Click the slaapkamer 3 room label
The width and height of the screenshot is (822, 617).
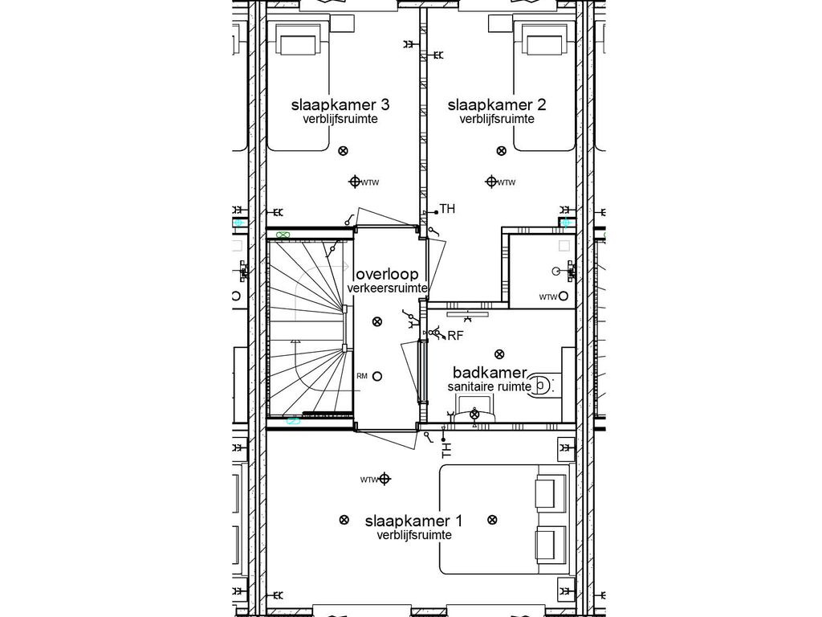coord(340,104)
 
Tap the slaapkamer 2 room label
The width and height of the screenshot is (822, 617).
coord(497,104)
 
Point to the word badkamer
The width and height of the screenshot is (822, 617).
coord(489,372)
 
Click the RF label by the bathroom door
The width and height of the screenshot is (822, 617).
coord(455,335)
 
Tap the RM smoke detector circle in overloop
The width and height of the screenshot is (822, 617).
coord(377,375)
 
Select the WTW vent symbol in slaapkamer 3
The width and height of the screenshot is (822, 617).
coord(355,182)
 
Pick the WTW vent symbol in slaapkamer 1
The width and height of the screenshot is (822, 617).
coord(385,480)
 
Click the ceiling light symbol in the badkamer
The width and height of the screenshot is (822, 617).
coord(499,353)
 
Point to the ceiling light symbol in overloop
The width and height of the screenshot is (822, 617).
coord(377,322)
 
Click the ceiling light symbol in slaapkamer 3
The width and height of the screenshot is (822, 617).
coord(344,151)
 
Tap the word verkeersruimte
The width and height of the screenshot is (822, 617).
coord(387,288)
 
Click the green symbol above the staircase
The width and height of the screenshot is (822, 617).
coord(283,235)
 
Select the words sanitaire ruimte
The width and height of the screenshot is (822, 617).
coord(489,386)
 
